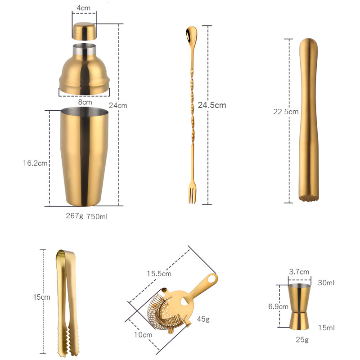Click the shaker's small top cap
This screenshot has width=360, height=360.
(x=84, y=31)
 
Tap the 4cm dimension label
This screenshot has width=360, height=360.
(x=84, y=8)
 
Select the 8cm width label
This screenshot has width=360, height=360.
(x=84, y=102)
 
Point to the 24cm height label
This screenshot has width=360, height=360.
(x=118, y=105)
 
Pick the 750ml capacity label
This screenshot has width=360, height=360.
(x=97, y=216)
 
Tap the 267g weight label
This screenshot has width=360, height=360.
(x=75, y=216)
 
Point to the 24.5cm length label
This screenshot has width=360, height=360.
(x=211, y=105)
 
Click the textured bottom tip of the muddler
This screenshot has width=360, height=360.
(x=309, y=197)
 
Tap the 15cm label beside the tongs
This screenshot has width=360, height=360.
(x=41, y=297)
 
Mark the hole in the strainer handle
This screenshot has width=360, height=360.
(x=211, y=279)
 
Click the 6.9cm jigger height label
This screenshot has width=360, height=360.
(x=278, y=307)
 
